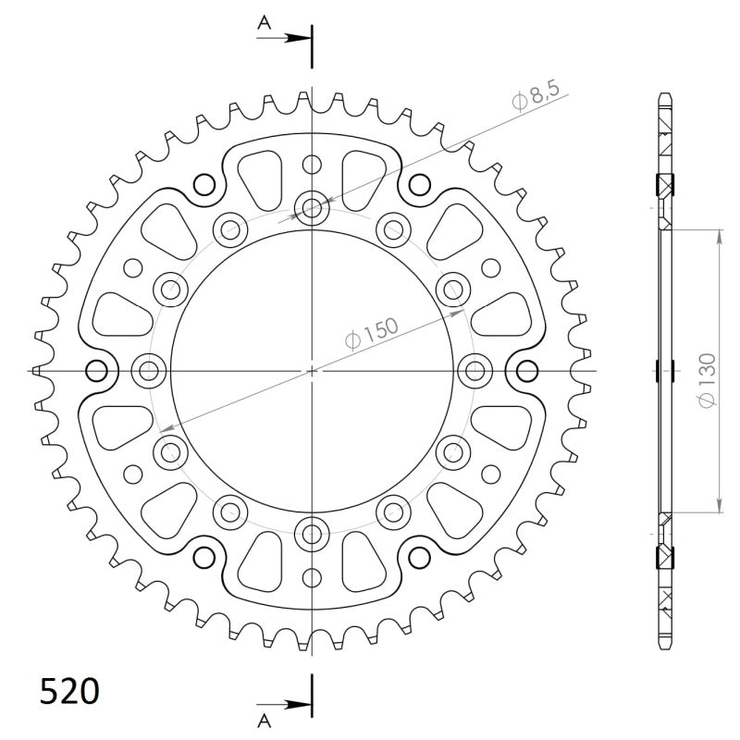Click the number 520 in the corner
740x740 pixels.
(x=69, y=691)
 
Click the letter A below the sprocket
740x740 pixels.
(x=264, y=717)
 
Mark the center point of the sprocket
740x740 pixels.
(x=313, y=371)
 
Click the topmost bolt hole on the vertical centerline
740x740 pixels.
(x=313, y=207)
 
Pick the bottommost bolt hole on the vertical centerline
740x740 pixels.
(x=313, y=534)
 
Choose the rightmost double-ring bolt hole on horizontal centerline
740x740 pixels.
(x=476, y=371)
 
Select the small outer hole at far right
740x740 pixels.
(x=528, y=371)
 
